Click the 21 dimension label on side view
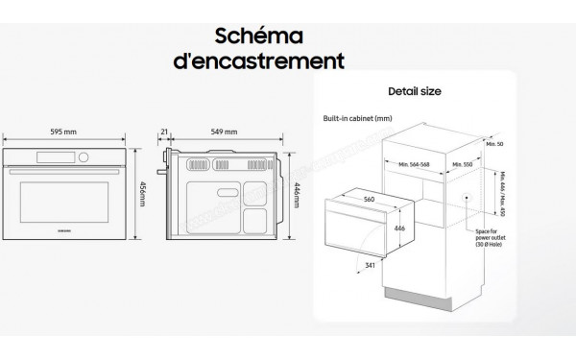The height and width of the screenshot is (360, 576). pos(165,132)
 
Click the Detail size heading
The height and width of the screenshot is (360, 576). pos(414,92)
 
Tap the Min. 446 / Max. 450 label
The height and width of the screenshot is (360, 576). pos(503,192)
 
